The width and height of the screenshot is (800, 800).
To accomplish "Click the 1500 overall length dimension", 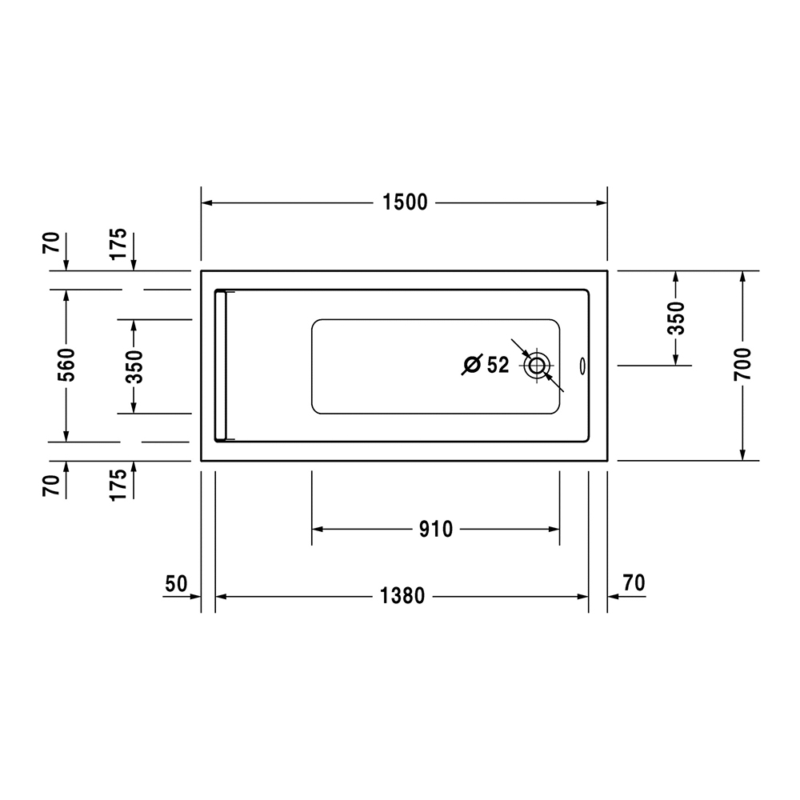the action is coord(405,202).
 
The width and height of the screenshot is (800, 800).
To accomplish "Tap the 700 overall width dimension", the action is coord(743,364).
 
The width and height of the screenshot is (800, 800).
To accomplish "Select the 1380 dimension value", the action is coord(402,596).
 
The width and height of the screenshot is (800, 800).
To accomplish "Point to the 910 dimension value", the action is coord(436,529).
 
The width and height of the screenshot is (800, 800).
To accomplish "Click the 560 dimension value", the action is coord(66,365).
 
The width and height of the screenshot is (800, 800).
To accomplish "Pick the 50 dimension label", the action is coord(177,584).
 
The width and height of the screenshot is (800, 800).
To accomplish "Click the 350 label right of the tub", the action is coord(676,318).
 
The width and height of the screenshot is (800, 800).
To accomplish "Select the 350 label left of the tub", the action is coord(134,366).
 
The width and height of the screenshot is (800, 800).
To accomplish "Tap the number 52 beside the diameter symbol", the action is coord(498,365).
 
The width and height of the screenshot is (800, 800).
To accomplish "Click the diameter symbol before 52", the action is coord(472,364).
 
